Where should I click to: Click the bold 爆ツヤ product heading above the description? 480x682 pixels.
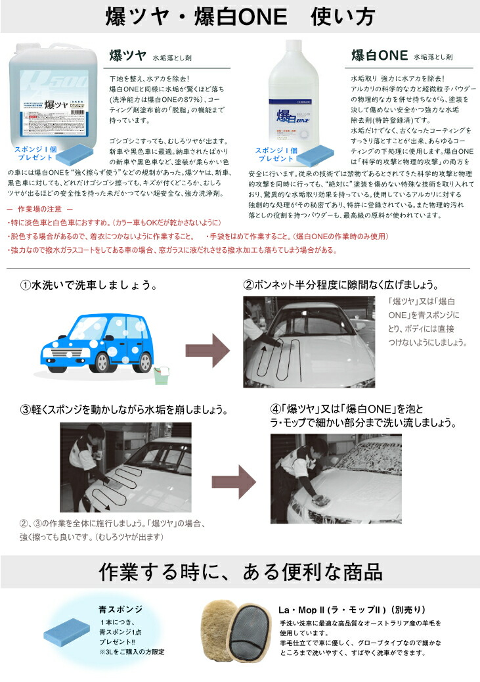128,55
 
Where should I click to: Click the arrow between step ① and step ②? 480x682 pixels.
204,344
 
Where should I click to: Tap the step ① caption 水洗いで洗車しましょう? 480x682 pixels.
88,286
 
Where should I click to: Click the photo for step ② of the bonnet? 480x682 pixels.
309,342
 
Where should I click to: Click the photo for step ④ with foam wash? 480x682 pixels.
336,478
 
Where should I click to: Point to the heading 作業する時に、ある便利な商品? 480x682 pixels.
240,572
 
